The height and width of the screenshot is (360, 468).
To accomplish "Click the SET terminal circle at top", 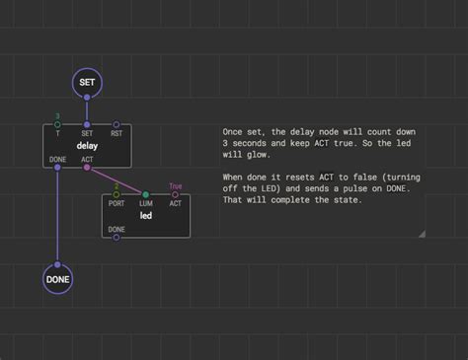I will pyautogui.click(x=87, y=83).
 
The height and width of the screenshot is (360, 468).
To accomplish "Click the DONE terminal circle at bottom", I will pyautogui.click(x=58, y=279).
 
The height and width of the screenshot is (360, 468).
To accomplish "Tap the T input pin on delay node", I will pyautogui.click(x=58, y=125).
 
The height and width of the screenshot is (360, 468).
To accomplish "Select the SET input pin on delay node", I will pyautogui.click(x=87, y=125).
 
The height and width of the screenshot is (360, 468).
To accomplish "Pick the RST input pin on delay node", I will pyautogui.click(x=117, y=125).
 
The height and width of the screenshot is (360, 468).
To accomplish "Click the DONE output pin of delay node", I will pyautogui.click(x=58, y=167).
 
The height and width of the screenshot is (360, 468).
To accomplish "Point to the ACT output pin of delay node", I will pyautogui.click(x=87, y=167).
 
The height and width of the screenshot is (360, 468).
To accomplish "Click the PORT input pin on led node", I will pyautogui.click(x=117, y=195).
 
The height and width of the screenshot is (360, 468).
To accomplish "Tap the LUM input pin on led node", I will pyautogui.click(x=145, y=195).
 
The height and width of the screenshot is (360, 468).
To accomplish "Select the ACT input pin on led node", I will pyautogui.click(x=175, y=195).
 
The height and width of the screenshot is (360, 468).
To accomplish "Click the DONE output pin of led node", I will pyautogui.click(x=117, y=237).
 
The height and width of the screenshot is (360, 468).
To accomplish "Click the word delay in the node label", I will pyautogui.click(x=87, y=146).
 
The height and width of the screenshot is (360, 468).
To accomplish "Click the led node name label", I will pyautogui.click(x=145, y=216).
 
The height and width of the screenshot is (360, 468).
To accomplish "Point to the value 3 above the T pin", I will pyautogui.click(x=58, y=115).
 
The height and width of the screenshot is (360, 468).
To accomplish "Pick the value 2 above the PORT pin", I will pyautogui.click(x=117, y=185).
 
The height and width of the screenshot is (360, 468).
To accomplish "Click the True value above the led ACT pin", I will pyautogui.click(x=175, y=185).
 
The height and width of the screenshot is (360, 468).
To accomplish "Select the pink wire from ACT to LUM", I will pyautogui.click(x=117, y=180).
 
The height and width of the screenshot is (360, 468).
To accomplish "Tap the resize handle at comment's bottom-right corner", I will pyautogui.click(x=422, y=234).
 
